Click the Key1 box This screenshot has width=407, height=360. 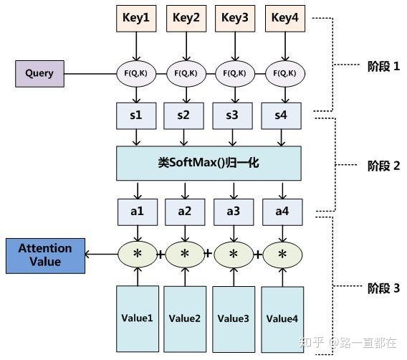[x=135, y=18]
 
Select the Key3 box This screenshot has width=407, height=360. [x=234, y=18]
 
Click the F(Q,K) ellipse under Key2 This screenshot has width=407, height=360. [x=185, y=72]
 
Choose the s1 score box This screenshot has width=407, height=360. [x=135, y=114]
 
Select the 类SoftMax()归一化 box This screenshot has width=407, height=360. [x=208, y=163]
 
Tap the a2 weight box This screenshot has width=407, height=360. [x=185, y=212]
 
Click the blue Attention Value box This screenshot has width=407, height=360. [x=44, y=255]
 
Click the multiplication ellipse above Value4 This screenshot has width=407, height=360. [x=282, y=254]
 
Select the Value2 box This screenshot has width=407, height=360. [x=185, y=318]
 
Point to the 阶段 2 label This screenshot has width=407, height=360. [x=378, y=166]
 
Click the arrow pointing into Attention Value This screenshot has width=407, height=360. [x=100, y=254]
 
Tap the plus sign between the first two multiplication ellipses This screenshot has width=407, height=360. [x=161, y=254]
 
